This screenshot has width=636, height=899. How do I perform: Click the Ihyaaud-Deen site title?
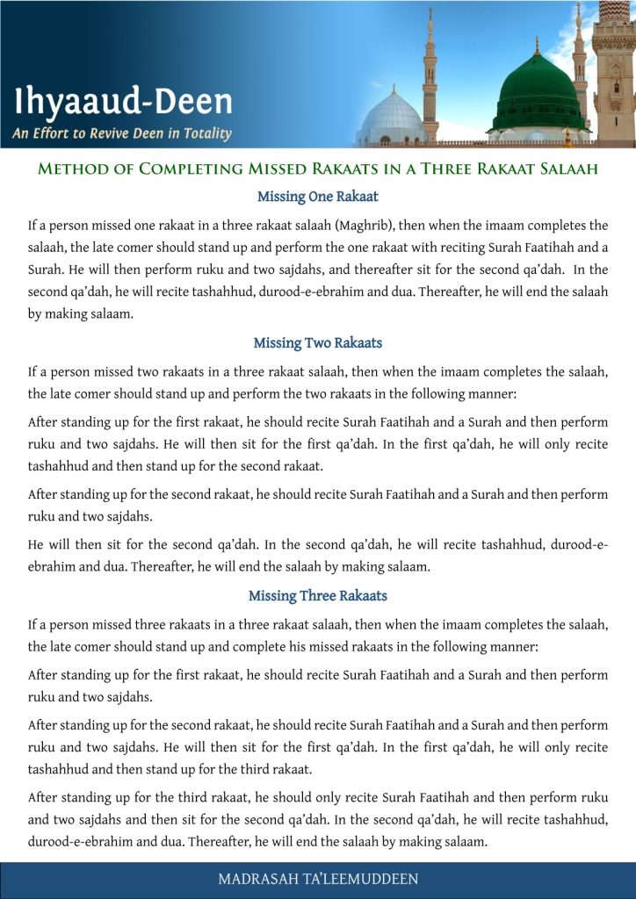pyautogui.click(x=123, y=102)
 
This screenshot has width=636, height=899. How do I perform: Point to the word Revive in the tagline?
pyautogui.click(x=111, y=133)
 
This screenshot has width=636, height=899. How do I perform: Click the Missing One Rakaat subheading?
pyautogui.click(x=318, y=197)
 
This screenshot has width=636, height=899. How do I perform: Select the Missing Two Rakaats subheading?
pyautogui.click(x=318, y=342)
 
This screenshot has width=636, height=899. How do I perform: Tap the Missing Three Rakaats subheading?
pyautogui.click(x=318, y=596)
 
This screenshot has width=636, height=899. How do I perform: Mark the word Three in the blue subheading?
pyautogui.click(x=322, y=596)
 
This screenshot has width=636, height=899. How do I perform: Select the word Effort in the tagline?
pyautogui.click(x=52, y=133)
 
